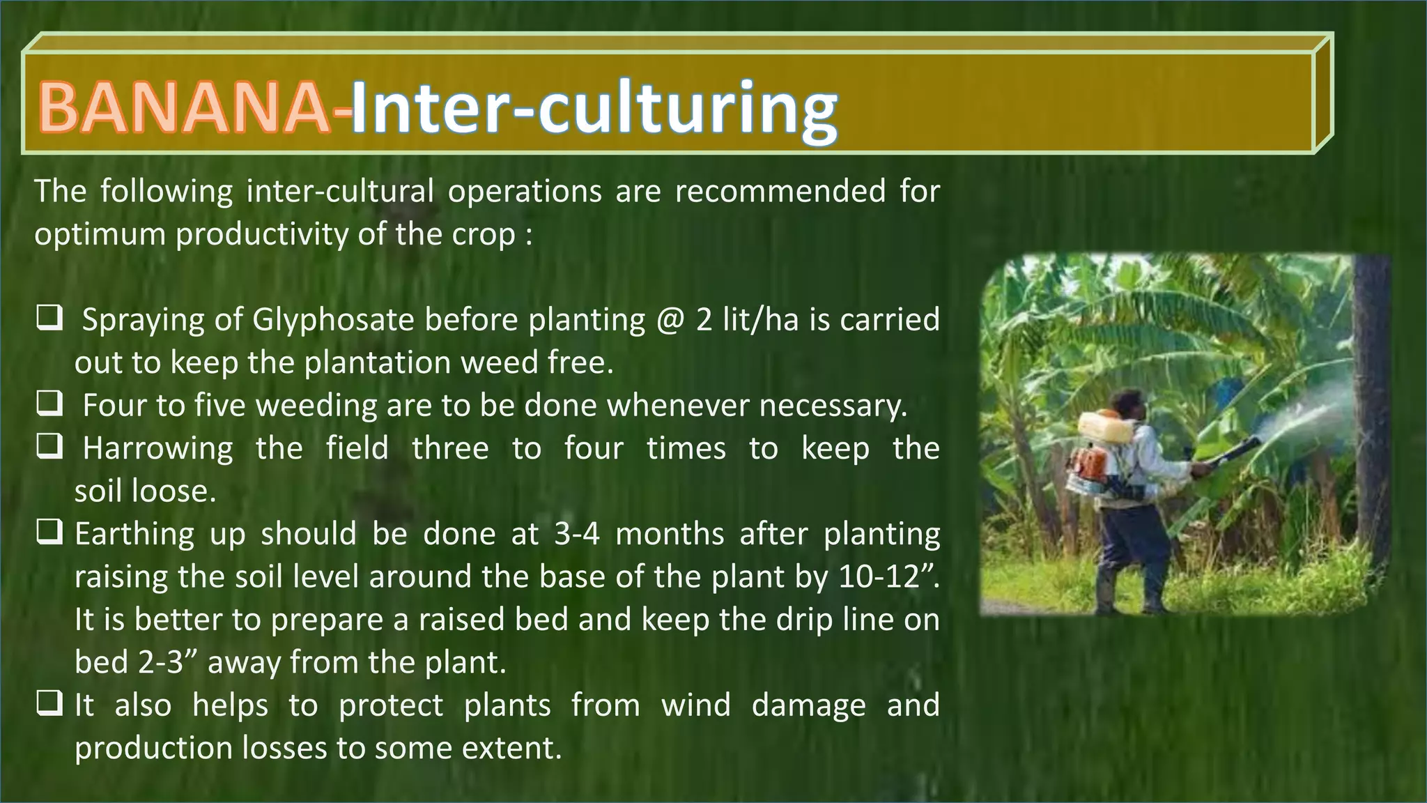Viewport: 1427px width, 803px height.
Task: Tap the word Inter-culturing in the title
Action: click(x=594, y=110)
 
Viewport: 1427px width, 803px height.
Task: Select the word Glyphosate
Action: click(x=334, y=321)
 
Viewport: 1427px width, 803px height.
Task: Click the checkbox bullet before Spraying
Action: click(x=50, y=319)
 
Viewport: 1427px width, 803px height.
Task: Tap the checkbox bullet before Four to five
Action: click(x=50, y=404)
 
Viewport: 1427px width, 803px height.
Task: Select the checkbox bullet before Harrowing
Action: click(x=50, y=448)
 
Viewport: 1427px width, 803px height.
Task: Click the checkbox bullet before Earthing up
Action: click(x=50, y=533)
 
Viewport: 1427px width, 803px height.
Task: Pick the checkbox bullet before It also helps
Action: click(x=50, y=705)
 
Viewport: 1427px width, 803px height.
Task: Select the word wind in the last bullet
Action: click(x=695, y=705)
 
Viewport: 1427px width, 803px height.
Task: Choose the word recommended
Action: click(x=780, y=191)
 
